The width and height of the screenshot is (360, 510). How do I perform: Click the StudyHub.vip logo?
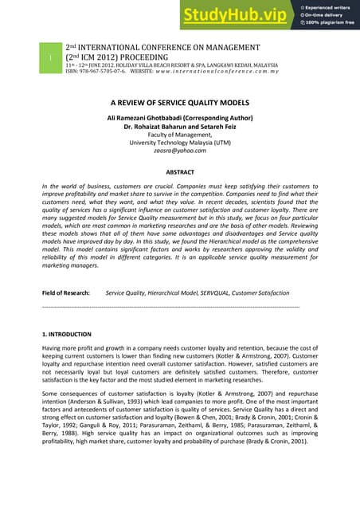pyautogui.click(x=237, y=15)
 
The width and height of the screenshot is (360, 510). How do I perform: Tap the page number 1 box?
pyautogui.click(x=49, y=59)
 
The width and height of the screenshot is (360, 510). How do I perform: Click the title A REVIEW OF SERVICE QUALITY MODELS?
pyautogui.click(x=180, y=103)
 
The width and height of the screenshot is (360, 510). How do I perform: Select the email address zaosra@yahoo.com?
pyautogui.click(x=179, y=151)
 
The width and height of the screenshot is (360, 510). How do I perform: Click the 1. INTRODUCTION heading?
pyautogui.click(x=67, y=334)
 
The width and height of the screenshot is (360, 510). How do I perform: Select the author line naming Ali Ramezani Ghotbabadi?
pyautogui.click(x=179, y=118)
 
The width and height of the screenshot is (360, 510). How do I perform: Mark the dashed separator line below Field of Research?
pyautogui.click(x=170, y=307)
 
